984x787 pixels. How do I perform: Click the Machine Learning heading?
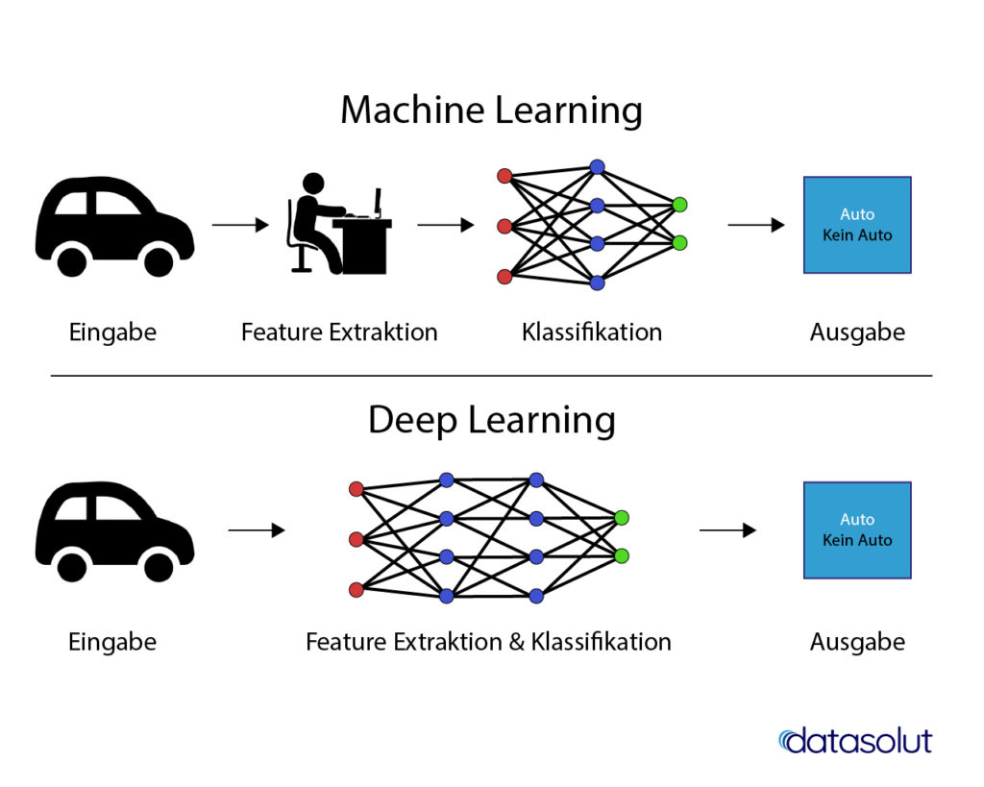491,111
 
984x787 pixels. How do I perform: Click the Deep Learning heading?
491,421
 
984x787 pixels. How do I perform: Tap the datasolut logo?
854,740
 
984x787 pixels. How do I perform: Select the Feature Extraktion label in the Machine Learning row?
339,332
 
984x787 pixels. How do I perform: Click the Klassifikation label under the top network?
592,332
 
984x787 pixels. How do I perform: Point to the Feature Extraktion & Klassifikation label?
488,641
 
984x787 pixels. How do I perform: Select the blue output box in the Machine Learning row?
857,225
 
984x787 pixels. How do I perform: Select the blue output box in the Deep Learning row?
857,530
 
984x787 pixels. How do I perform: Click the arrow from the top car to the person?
240,225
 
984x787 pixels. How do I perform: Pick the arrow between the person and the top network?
446,225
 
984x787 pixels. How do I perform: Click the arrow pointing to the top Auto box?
756,225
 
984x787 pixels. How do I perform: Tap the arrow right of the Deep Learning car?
257,530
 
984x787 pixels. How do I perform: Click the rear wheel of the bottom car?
72,565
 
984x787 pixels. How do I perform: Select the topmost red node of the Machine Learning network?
504,176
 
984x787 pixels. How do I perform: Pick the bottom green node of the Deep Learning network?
622,555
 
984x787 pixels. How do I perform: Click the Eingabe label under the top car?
112,332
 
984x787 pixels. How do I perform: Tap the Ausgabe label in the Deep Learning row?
857,641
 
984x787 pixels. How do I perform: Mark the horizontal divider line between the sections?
491,376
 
